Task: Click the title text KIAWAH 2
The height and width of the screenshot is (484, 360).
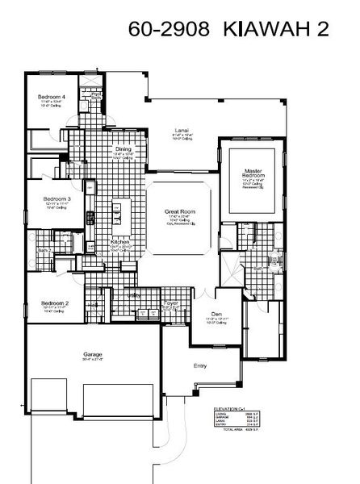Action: click(x=288, y=31)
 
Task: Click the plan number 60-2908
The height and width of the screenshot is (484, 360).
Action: click(x=170, y=31)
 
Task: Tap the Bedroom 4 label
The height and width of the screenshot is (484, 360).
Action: click(x=52, y=97)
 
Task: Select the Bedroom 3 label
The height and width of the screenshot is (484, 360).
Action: click(x=57, y=198)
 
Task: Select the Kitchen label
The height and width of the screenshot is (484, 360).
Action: click(x=120, y=241)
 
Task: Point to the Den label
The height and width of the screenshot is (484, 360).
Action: click(x=216, y=314)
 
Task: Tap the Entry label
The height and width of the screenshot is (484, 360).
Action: click(x=200, y=365)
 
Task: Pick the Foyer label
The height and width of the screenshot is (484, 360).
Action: click(x=171, y=303)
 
